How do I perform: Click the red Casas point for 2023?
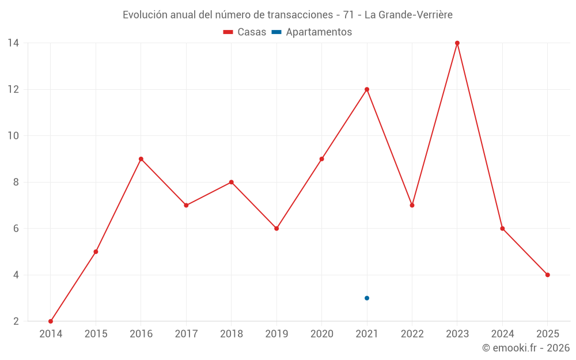457,43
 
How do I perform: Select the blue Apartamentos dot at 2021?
367,298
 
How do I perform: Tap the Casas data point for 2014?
51,321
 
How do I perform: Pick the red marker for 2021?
367,89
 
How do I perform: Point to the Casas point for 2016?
141,159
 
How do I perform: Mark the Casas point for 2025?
548,275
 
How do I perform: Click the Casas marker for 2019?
276,228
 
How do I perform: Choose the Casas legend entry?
245,32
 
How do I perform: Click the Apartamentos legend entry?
312,32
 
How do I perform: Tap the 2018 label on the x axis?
232,334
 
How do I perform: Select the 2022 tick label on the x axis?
412,334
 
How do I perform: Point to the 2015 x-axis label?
96,334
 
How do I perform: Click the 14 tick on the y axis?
13,43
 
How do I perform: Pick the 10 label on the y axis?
13,136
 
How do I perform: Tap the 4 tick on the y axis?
16,275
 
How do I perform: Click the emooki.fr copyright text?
526,347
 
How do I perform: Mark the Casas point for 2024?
502,228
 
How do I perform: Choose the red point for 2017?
186,205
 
